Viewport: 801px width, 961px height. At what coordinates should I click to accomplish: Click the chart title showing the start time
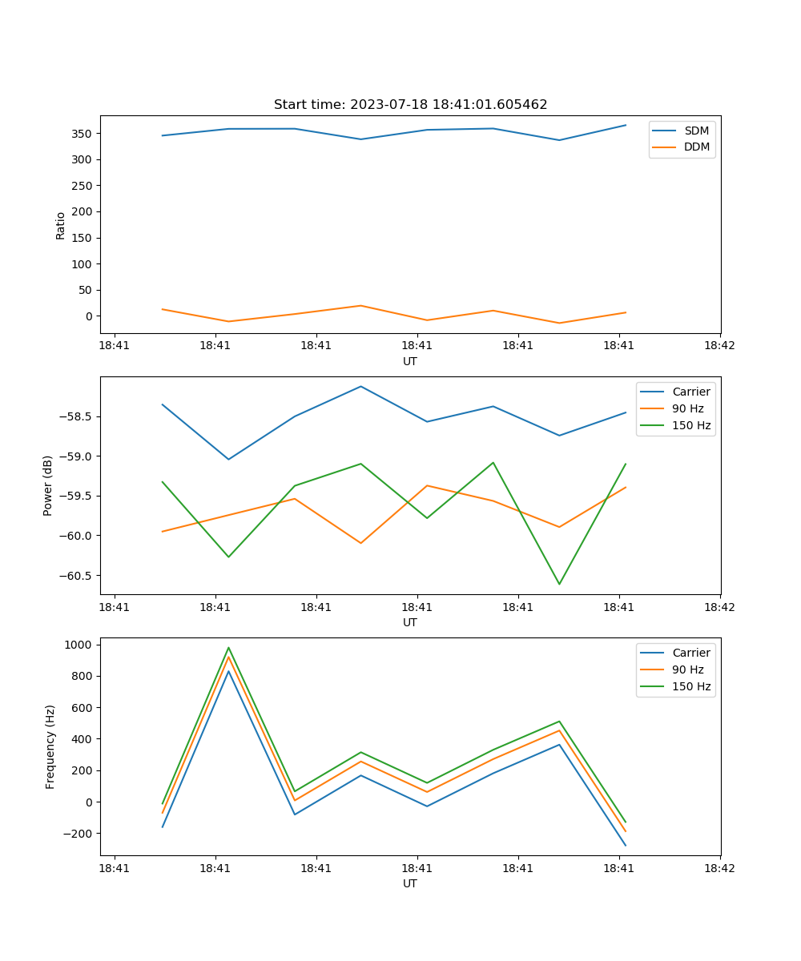point(410,105)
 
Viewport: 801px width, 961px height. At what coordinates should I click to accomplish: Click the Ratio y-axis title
point(61,225)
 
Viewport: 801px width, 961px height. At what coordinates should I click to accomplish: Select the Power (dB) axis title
point(48,485)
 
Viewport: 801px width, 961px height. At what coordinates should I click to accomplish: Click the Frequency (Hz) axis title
point(50,746)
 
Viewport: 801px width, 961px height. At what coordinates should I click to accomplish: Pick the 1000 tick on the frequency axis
point(80,645)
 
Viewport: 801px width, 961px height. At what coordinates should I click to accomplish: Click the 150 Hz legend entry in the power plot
point(691,425)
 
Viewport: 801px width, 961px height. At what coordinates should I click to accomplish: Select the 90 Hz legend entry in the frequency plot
point(688,669)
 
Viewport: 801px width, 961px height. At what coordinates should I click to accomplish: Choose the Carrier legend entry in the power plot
point(690,392)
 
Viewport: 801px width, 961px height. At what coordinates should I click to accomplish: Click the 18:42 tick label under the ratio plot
point(719,346)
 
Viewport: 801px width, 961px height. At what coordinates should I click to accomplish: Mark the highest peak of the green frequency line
point(228,648)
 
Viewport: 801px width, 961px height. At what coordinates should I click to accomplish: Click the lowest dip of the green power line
point(559,584)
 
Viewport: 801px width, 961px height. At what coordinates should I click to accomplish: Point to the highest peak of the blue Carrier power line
point(360,387)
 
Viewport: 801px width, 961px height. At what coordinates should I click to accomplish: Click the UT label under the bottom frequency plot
point(410,883)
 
